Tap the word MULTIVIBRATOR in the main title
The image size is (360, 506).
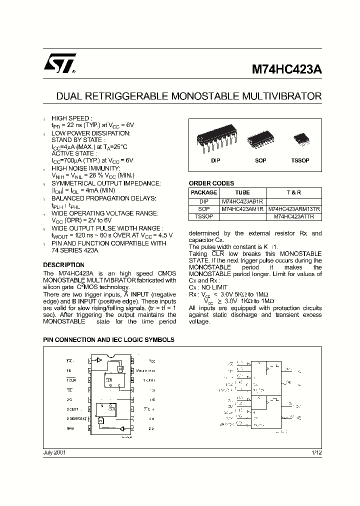click(x=285, y=95)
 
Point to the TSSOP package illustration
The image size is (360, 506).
click(x=300, y=138)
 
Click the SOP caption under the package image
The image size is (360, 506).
click(x=260, y=160)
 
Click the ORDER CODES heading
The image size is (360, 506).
click(x=211, y=183)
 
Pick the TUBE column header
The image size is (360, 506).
click(x=242, y=192)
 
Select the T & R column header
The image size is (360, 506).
click(x=294, y=192)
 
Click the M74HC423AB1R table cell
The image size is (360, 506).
click(x=242, y=201)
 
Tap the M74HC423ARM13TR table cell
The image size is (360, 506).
click(x=294, y=209)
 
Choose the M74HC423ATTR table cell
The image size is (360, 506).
click(x=294, y=216)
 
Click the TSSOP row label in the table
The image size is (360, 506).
click(x=203, y=216)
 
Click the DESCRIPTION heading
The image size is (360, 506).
click(x=63, y=265)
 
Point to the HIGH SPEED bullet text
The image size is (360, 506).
click(x=72, y=118)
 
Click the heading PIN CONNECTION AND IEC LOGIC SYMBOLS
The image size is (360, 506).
click(x=108, y=339)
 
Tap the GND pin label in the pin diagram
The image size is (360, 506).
click(x=70, y=428)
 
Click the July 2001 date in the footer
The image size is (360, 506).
click(x=54, y=452)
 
